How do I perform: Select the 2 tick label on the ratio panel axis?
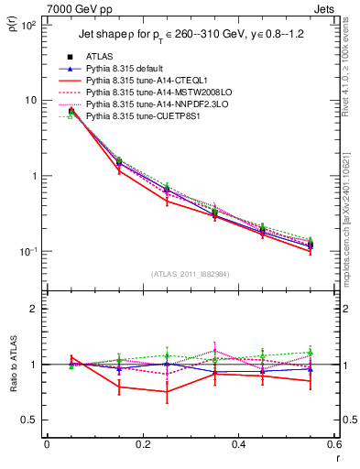point(34,309)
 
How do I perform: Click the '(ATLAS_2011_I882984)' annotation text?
point(191,272)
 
